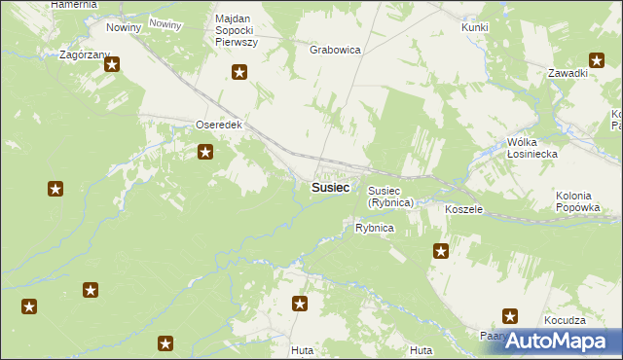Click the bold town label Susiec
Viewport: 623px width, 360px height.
(331, 188)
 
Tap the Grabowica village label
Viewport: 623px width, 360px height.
(335, 49)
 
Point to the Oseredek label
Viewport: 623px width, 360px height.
(218, 126)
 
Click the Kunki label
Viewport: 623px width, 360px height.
(475, 27)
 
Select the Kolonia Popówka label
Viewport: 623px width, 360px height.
(581, 201)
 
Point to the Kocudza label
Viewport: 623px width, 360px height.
(566, 320)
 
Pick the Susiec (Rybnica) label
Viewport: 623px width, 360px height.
(391, 197)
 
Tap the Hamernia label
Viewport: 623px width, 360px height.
(74, 5)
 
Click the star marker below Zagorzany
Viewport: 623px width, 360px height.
(112, 65)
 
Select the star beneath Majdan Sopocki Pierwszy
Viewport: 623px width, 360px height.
(239, 71)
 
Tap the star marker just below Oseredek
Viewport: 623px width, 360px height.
(205, 151)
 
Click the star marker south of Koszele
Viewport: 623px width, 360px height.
(441, 251)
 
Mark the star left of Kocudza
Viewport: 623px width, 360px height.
(510, 315)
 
